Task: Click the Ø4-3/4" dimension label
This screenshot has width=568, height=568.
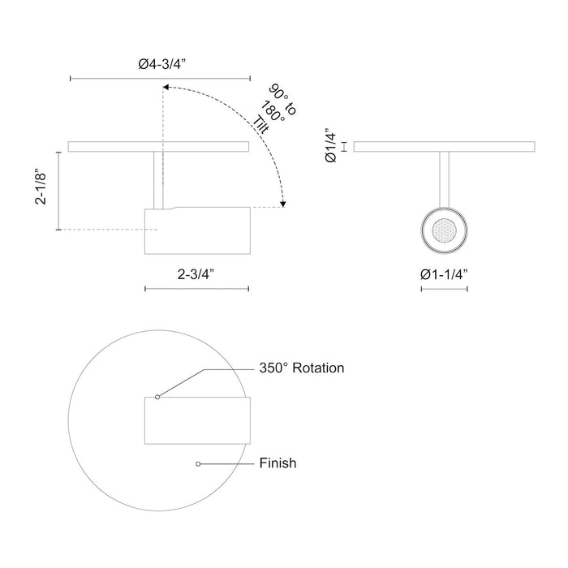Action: point(158,63)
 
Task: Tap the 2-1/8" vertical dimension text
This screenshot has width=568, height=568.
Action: point(41,190)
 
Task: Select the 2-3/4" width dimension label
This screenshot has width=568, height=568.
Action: point(196,274)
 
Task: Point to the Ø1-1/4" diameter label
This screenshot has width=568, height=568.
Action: point(444,274)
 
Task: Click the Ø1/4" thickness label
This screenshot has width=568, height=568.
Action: point(330,146)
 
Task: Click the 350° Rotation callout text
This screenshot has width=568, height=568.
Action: point(302,368)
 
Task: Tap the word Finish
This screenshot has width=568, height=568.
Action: point(278,464)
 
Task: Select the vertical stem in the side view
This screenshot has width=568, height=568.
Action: point(158,179)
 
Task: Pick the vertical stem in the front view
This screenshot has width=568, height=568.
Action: point(444,179)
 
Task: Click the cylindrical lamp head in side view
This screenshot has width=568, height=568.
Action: point(196,231)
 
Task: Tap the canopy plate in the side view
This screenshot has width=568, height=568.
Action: point(158,147)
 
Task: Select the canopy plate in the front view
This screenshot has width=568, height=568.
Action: point(444,147)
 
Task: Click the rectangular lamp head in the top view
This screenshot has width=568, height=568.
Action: point(196,420)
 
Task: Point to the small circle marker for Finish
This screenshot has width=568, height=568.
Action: point(197,464)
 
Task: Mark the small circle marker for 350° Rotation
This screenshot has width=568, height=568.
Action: point(157,397)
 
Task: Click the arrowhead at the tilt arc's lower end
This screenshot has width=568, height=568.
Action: point(282,204)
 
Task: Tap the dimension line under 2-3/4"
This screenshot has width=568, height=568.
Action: point(196,289)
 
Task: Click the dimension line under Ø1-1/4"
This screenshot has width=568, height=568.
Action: point(444,289)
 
